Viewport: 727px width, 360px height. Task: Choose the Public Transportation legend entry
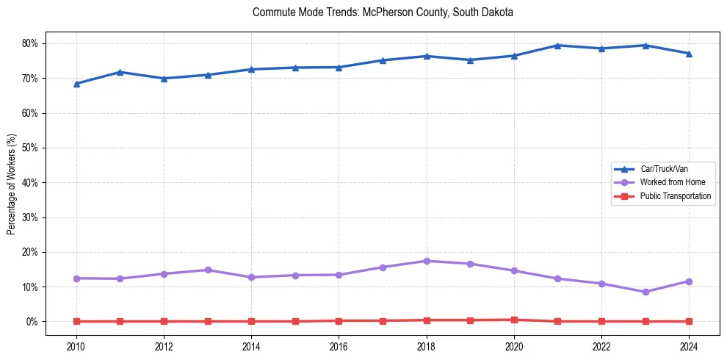click(x=675, y=196)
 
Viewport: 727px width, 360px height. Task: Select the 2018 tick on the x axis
click(x=427, y=345)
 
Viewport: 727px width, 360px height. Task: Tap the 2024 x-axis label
click(x=689, y=345)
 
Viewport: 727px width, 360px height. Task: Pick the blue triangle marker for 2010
click(x=76, y=84)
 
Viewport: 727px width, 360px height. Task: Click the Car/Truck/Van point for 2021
click(x=558, y=46)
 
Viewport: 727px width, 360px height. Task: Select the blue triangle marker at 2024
click(x=689, y=54)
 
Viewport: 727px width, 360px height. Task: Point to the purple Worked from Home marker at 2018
click(x=427, y=261)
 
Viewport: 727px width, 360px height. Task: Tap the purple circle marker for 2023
click(x=645, y=292)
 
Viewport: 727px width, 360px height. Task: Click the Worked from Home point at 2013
click(x=208, y=270)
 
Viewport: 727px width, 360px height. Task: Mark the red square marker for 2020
click(x=514, y=320)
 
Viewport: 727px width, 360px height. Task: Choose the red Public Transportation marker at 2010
click(x=76, y=321)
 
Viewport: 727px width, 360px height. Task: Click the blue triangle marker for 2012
click(x=164, y=79)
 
